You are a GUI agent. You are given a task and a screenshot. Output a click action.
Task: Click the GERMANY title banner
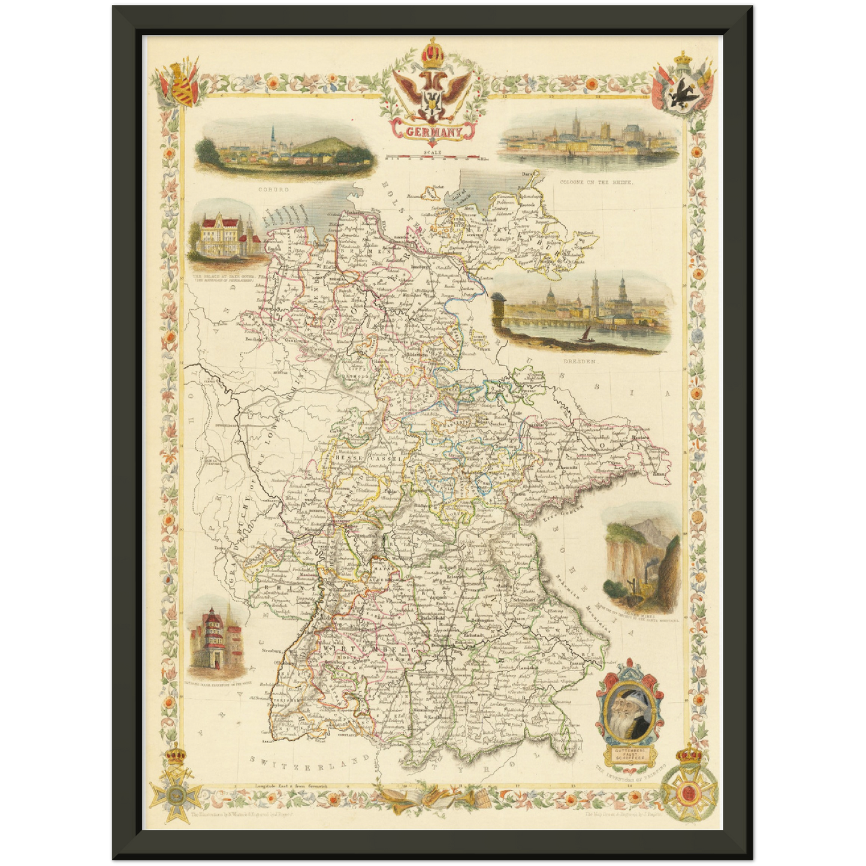coord(433,131)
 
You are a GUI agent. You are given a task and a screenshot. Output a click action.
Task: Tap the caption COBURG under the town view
coord(273,189)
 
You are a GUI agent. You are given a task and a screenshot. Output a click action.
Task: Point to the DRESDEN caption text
coord(580,362)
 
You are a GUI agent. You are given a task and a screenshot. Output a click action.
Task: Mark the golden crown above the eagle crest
coord(432,54)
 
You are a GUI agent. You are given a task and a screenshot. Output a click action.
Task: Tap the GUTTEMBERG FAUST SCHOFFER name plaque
coord(628,753)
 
